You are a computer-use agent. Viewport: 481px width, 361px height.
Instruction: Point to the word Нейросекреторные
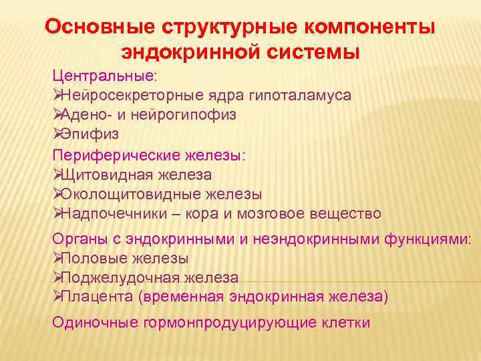[x=120, y=95]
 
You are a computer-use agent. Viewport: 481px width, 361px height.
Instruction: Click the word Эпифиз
[x=90, y=134]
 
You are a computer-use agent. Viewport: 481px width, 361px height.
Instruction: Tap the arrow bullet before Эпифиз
[x=57, y=134]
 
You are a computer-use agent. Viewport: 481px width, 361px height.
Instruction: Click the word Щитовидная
[x=107, y=174]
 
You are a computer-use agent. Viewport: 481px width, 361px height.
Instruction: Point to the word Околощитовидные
[x=127, y=194]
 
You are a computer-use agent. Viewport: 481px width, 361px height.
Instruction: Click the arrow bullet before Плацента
[x=57, y=296]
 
